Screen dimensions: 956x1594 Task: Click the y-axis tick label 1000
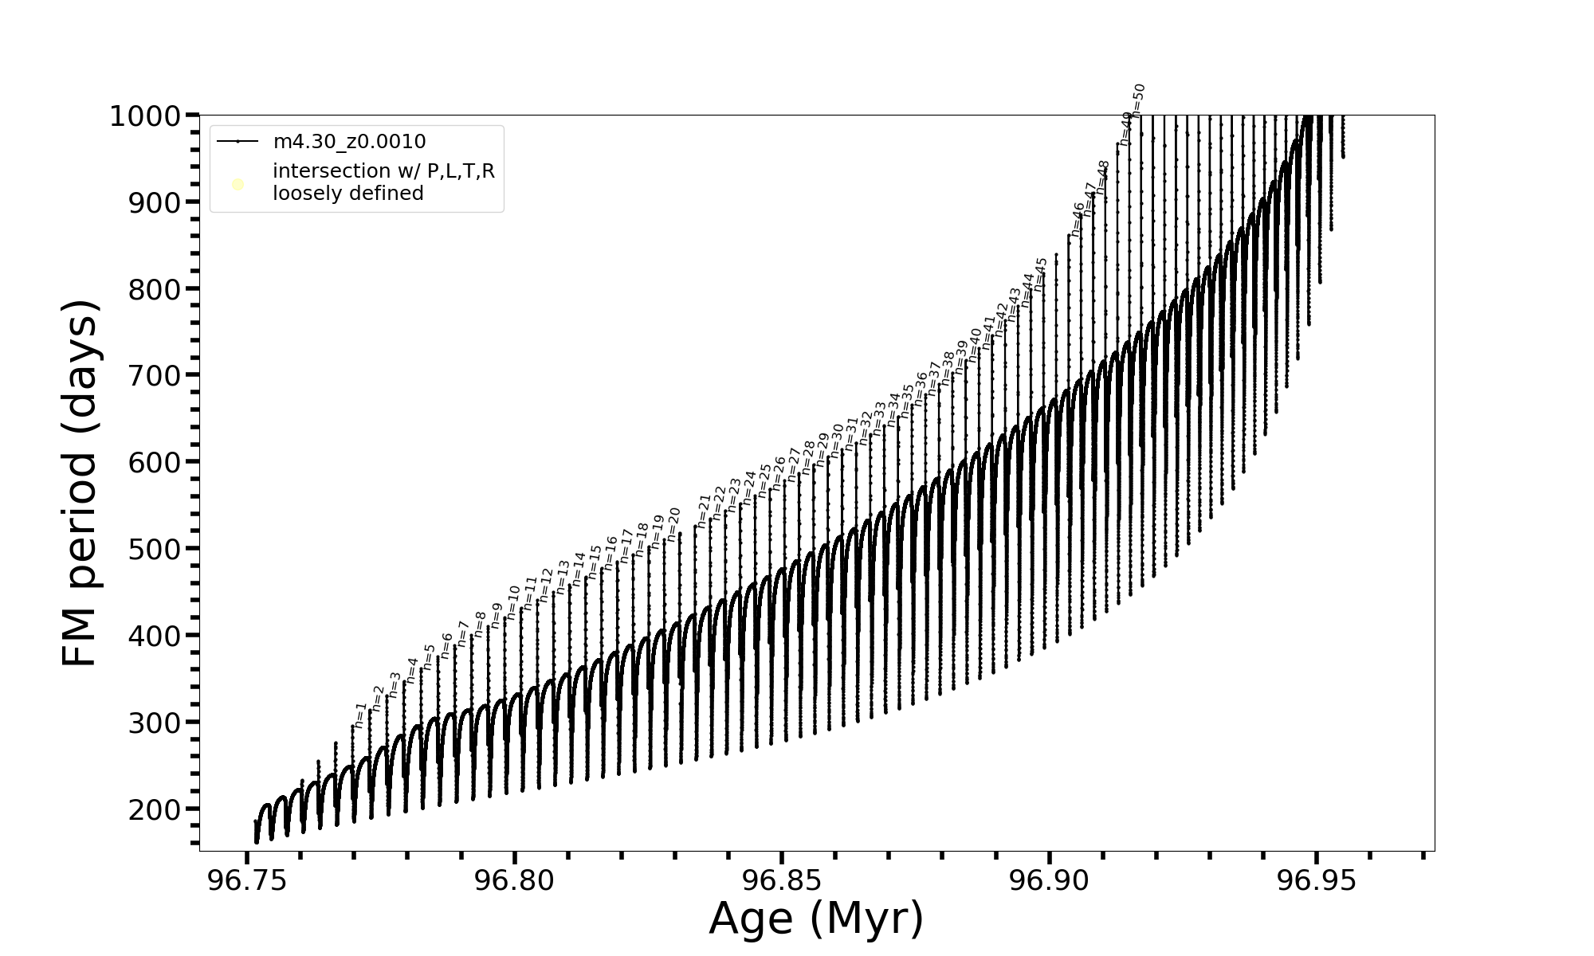(147, 116)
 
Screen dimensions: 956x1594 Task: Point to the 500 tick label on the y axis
(155, 549)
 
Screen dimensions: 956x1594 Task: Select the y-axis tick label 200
(155, 809)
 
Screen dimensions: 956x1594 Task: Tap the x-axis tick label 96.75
(247, 880)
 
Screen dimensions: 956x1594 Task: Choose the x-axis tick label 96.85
(782, 880)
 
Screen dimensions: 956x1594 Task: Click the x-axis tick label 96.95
(1317, 880)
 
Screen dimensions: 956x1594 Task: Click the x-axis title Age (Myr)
(816, 918)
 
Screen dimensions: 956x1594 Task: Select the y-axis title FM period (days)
(80, 484)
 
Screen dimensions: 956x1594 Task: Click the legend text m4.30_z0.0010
(349, 142)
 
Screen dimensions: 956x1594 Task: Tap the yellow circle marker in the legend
(238, 185)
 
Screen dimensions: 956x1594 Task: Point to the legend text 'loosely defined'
(347, 194)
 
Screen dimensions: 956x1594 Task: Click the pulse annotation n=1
(360, 715)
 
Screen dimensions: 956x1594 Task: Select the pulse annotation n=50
(1139, 100)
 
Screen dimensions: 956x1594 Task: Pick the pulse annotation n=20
(674, 524)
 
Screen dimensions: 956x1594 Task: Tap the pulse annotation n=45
(1041, 274)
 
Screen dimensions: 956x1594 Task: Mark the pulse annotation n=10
(513, 603)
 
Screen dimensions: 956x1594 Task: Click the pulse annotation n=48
(1104, 178)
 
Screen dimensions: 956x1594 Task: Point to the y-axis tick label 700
(155, 375)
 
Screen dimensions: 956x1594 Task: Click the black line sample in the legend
(238, 142)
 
